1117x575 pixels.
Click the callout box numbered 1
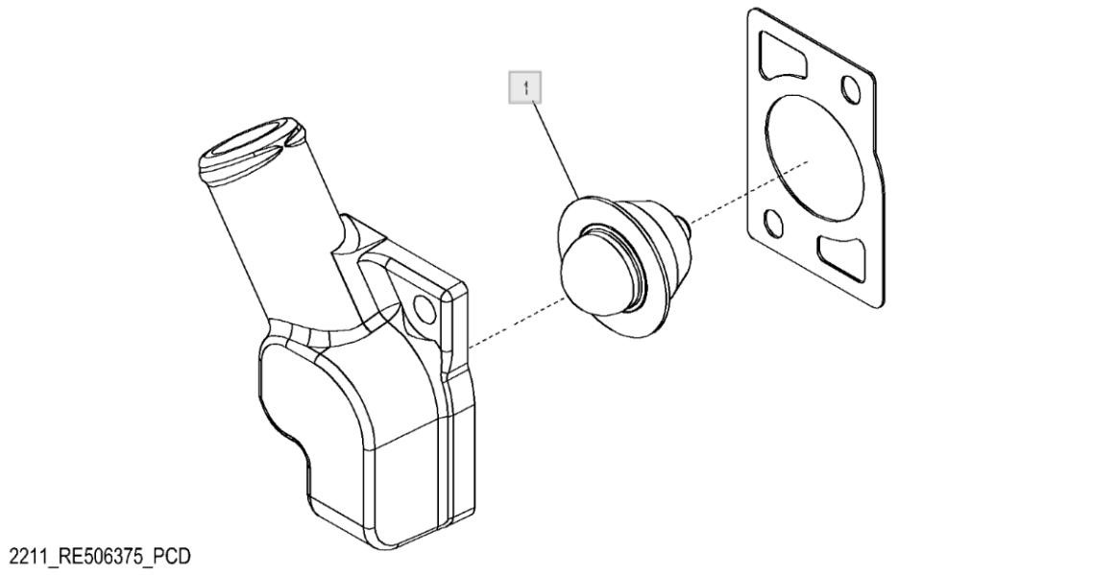525,88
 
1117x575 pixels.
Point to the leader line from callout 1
552,144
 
